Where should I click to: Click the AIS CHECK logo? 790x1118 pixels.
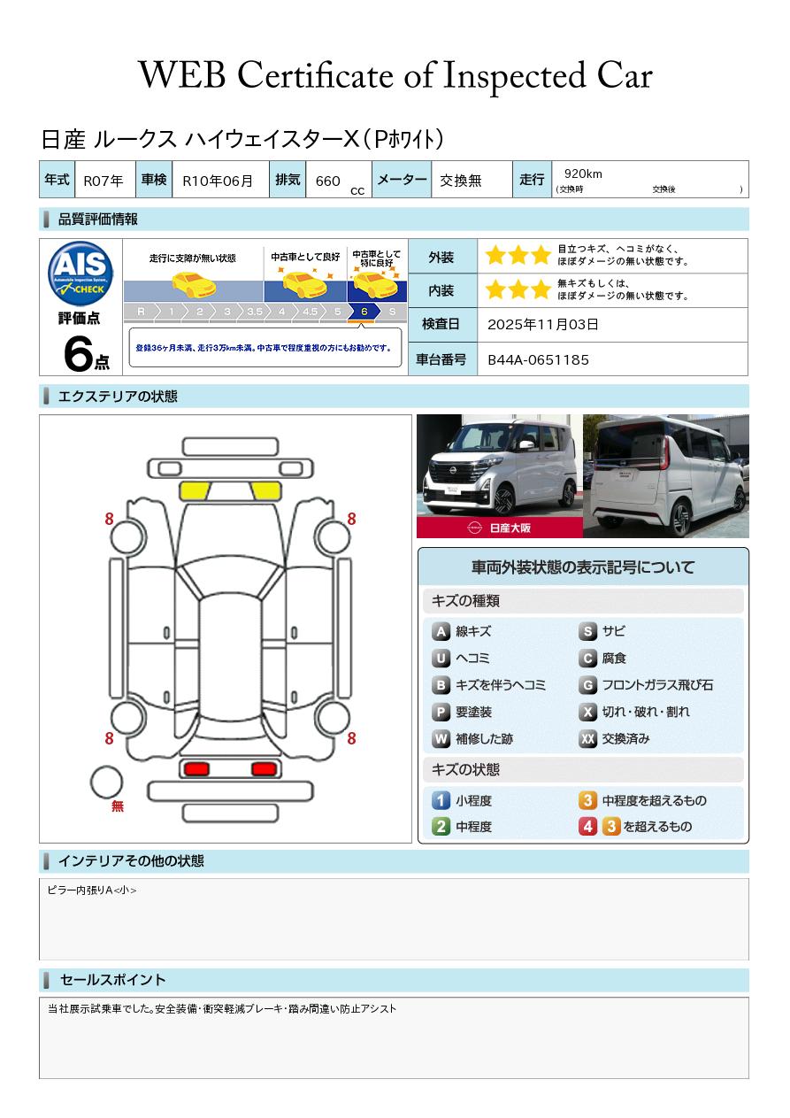[x=81, y=272]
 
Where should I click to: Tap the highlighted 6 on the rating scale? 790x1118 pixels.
[x=364, y=312]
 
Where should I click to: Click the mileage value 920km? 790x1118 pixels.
[x=583, y=174]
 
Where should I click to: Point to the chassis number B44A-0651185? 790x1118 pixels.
[x=538, y=359]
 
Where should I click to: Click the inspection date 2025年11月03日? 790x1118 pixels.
[x=542, y=325]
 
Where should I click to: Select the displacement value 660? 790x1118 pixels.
[x=327, y=181]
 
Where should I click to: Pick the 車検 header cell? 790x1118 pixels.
[x=153, y=180]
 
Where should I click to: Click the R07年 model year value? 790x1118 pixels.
[x=104, y=181]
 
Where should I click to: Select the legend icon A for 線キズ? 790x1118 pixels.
[x=441, y=632]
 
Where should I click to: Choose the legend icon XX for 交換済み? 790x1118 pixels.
[x=588, y=739]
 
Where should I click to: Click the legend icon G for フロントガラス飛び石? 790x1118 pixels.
[x=588, y=685]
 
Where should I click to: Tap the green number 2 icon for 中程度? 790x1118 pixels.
[x=441, y=827]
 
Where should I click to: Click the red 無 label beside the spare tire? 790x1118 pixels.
[x=118, y=806]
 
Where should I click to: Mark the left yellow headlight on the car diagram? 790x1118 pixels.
[x=195, y=491]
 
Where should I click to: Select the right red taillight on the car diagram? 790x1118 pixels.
[x=264, y=768]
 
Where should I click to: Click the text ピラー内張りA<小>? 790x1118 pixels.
[x=92, y=891]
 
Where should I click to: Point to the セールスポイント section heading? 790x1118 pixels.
[x=112, y=980]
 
